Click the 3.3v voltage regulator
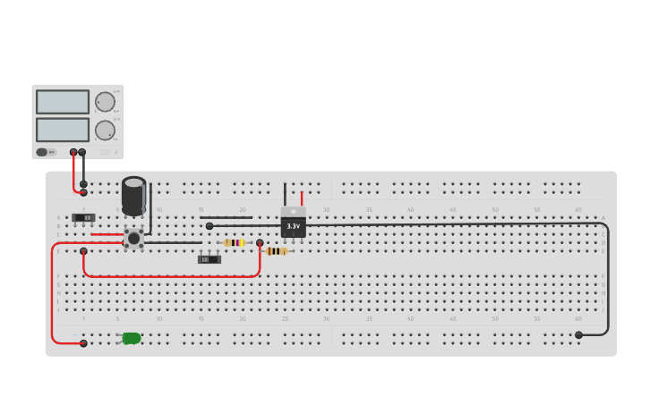click(293, 224)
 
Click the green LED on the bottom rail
click(132, 338)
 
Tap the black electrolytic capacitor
click(133, 195)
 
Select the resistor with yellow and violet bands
click(234, 242)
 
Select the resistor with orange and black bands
click(276, 251)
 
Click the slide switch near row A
click(84, 217)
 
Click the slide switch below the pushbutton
click(209, 259)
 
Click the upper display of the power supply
click(63, 102)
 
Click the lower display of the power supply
click(63, 130)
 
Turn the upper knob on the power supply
click(105, 102)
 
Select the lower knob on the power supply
click(105, 131)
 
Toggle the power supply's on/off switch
click(43, 152)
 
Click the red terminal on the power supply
click(73, 152)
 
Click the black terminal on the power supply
click(82, 152)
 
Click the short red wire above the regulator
click(302, 198)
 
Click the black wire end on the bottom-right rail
click(578, 335)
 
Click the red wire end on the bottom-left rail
click(83, 343)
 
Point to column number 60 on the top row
click(578, 210)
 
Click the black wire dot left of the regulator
click(209, 226)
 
